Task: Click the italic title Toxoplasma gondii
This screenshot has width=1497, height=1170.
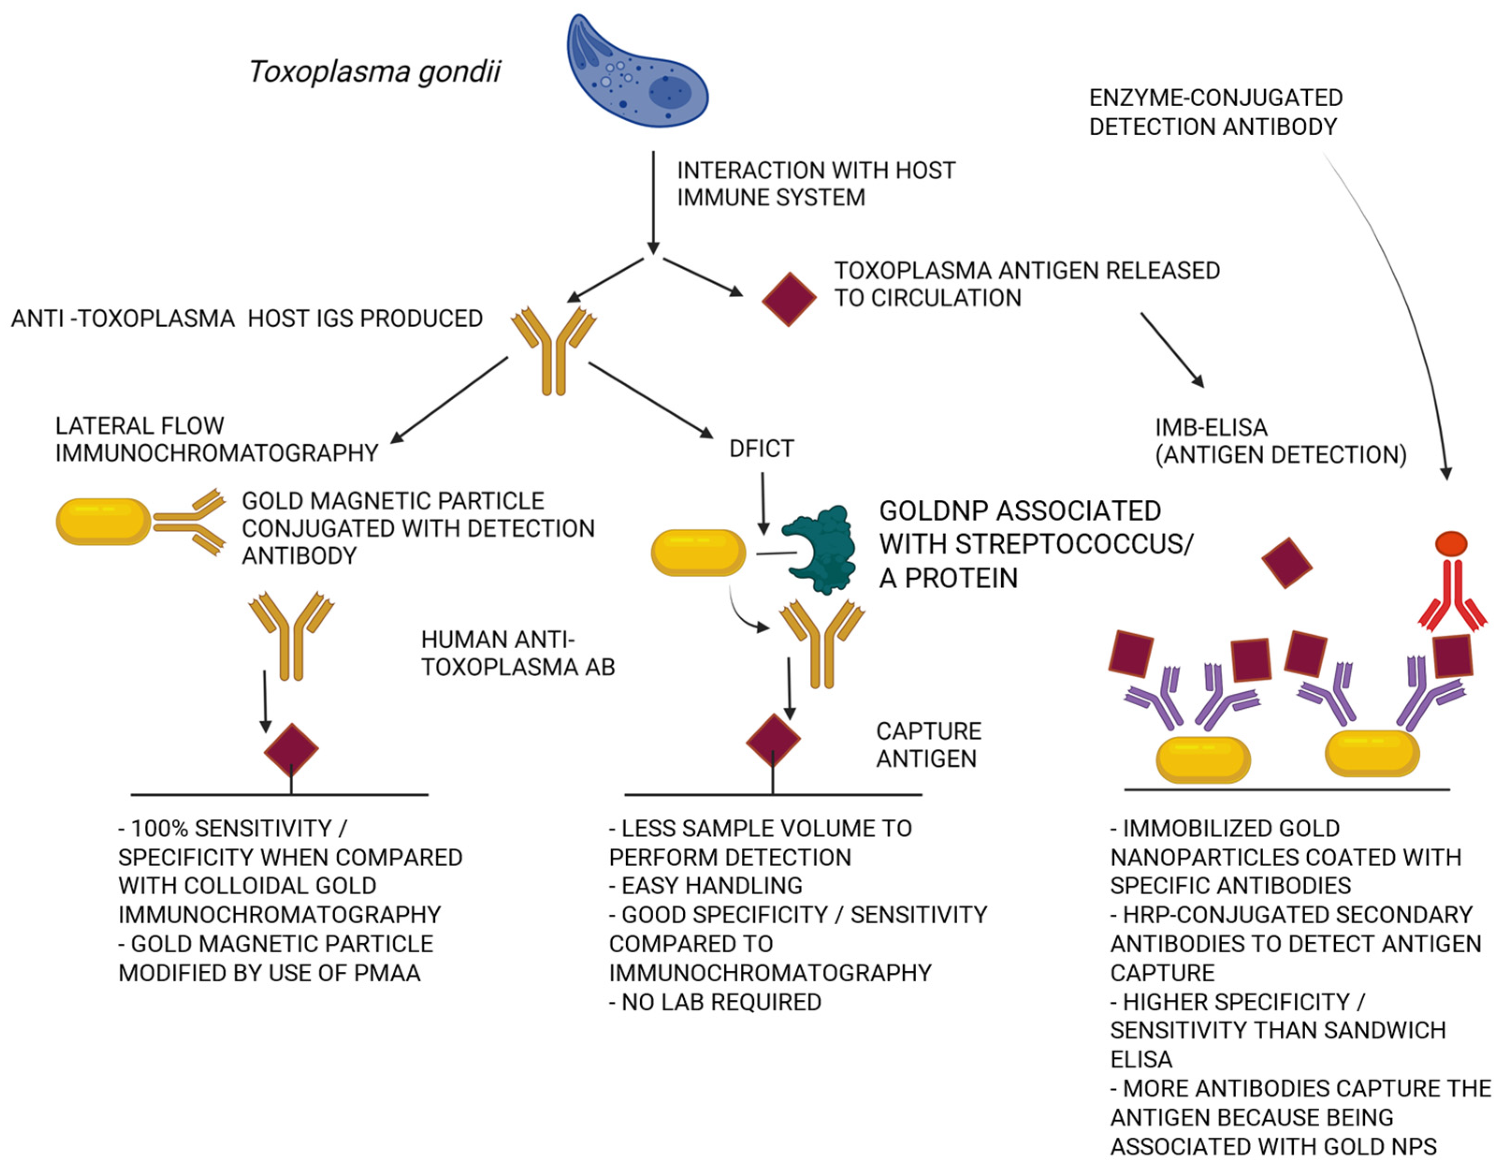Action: click(x=374, y=71)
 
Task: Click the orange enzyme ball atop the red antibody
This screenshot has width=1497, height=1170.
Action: click(x=1452, y=544)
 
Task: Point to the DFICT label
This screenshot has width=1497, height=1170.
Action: click(x=761, y=448)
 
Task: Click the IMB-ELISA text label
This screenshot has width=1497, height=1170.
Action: click(x=1211, y=427)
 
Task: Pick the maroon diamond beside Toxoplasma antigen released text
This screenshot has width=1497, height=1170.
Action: click(x=789, y=299)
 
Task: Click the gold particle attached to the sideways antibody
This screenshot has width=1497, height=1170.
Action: click(x=103, y=522)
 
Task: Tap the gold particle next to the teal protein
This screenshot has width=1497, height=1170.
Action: click(x=698, y=552)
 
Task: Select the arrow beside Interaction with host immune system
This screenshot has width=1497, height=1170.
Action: click(x=653, y=202)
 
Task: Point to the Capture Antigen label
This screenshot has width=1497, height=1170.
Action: click(x=928, y=745)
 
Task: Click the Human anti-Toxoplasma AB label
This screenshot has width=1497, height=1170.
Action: click(x=518, y=653)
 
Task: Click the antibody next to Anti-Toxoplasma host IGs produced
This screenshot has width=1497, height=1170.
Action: click(x=553, y=350)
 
